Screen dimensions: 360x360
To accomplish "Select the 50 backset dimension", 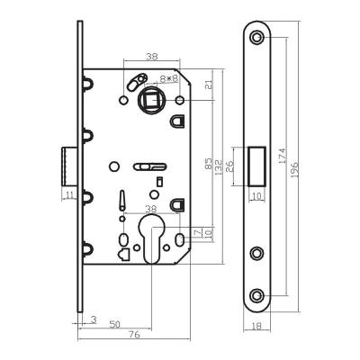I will [x=114, y=322].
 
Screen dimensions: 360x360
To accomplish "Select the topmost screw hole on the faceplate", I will [x=259, y=37].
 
